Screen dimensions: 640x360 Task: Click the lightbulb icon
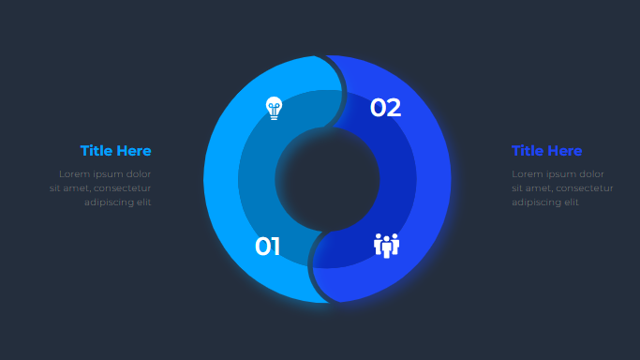(x=274, y=108)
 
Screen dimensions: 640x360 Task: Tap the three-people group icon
(x=387, y=246)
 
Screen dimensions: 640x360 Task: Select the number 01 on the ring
(x=267, y=247)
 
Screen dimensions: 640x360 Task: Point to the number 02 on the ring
(x=385, y=108)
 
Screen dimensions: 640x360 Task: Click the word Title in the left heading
(x=97, y=151)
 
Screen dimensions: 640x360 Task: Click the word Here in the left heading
(x=133, y=151)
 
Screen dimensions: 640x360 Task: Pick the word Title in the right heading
(x=528, y=151)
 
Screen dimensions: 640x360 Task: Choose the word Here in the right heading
(x=564, y=151)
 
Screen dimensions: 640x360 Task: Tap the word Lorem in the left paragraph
(x=74, y=173)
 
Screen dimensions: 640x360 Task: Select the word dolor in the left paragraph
(x=139, y=173)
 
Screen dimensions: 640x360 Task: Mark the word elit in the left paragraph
(x=144, y=202)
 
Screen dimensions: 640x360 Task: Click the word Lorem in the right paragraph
(x=527, y=173)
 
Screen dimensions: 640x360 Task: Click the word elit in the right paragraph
(x=572, y=202)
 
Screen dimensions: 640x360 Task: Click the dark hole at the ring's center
(x=327, y=179)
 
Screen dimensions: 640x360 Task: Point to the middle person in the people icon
(x=387, y=247)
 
